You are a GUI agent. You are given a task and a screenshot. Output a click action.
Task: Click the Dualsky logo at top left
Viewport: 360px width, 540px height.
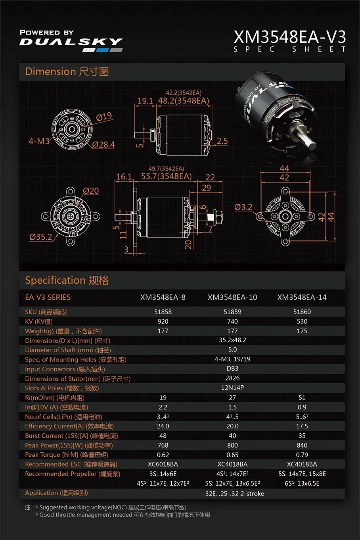(71, 41)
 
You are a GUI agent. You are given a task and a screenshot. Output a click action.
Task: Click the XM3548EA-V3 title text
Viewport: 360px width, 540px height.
(289, 37)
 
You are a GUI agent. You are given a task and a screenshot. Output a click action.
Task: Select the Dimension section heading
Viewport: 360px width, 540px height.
(67, 72)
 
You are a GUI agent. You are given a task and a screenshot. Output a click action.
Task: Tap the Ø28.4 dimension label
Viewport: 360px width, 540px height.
(103, 145)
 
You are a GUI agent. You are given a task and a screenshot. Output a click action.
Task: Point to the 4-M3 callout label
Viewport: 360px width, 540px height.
(39, 141)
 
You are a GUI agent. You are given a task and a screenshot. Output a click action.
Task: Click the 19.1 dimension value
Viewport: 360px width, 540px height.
(145, 101)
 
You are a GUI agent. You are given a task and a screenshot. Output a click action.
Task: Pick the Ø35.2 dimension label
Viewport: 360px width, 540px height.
(40, 237)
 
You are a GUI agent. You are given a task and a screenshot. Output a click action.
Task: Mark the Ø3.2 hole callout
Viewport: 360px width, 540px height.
(243, 207)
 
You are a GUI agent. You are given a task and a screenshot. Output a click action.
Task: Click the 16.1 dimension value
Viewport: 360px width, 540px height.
(124, 177)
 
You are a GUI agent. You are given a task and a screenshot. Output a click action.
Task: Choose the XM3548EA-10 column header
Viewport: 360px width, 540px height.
(232, 297)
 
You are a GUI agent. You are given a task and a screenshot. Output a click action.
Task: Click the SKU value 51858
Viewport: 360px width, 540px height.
(163, 312)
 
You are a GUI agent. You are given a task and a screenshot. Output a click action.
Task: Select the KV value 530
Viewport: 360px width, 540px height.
(302, 321)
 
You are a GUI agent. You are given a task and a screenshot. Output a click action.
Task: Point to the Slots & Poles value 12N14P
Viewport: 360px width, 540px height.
(232, 388)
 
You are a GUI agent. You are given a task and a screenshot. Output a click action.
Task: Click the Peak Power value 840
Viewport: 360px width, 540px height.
(302, 445)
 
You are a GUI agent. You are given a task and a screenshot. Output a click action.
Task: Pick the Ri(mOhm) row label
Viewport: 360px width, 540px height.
(55, 398)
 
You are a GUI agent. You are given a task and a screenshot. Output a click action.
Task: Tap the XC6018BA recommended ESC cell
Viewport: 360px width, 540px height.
(163, 464)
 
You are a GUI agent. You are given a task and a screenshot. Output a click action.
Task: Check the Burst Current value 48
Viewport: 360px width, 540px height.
(163, 436)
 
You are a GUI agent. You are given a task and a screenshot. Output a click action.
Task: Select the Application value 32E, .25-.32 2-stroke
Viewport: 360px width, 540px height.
(235, 494)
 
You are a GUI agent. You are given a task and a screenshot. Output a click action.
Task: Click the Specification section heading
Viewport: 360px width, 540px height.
(67, 281)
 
